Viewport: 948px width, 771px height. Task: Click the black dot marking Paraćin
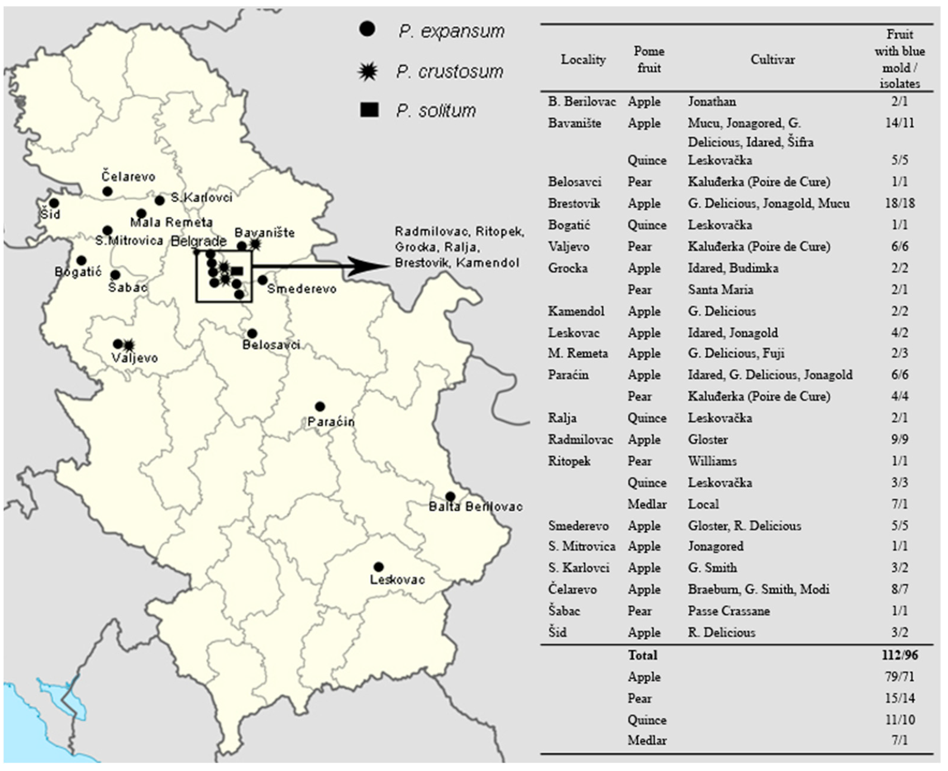pyautogui.click(x=320, y=406)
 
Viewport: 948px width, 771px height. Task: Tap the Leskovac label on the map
pyautogui.click(x=397, y=579)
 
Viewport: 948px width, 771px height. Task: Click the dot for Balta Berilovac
pyautogui.click(x=450, y=496)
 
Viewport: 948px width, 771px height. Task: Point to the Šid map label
pyautogui.click(x=50, y=214)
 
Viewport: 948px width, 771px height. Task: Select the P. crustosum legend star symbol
pyautogui.click(x=368, y=71)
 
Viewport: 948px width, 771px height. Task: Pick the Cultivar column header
pyautogui.click(x=772, y=60)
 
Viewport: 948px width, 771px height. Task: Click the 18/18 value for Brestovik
pyautogui.click(x=899, y=203)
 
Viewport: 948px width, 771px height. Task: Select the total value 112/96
pyautogui.click(x=899, y=655)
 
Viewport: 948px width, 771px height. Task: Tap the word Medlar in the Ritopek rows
pyautogui.click(x=647, y=504)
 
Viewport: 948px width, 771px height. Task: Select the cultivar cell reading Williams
pyautogui.click(x=712, y=461)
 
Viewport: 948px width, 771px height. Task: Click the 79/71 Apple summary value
pyautogui.click(x=899, y=677)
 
